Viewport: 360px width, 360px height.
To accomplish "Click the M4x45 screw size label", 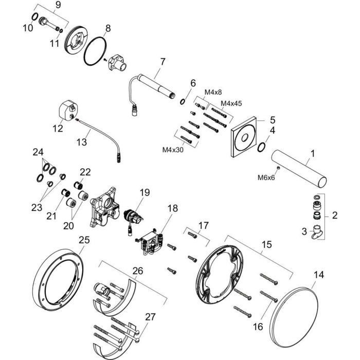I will tap(231, 103).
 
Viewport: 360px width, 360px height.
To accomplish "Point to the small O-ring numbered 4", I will tap(261, 147).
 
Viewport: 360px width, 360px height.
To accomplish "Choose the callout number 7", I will tap(163, 62).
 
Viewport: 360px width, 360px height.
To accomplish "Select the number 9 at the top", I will tap(58, 6).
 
